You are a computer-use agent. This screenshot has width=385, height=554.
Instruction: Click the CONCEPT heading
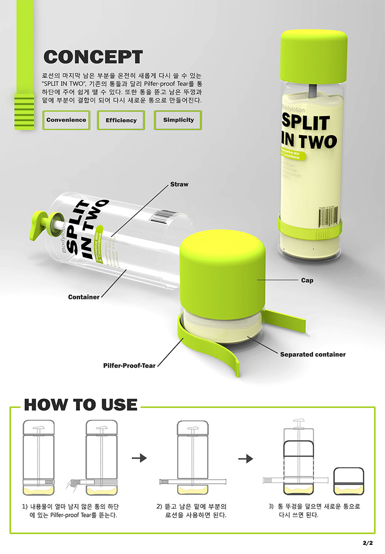tap(93, 57)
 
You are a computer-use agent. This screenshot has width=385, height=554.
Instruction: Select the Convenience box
tap(66, 120)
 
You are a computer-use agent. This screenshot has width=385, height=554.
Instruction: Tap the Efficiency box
tap(121, 120)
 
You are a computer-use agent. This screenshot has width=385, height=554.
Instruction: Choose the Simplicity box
tap(179, 120)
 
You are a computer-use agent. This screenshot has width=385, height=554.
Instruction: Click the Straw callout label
tap(180, 185)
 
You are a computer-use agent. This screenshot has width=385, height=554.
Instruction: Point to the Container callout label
tap(84, 297)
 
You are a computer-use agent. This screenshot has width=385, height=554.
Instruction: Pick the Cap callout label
tap(307, 280)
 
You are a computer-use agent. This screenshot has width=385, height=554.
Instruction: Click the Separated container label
tap(313, 355)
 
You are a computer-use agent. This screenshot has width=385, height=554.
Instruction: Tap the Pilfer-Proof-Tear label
tap(129, 366)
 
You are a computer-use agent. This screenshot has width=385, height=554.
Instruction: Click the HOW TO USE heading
tap(80, 405)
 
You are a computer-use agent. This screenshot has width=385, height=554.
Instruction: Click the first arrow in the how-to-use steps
tap(139, 458)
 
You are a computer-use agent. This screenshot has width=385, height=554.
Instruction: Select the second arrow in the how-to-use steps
tap(246, 458)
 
